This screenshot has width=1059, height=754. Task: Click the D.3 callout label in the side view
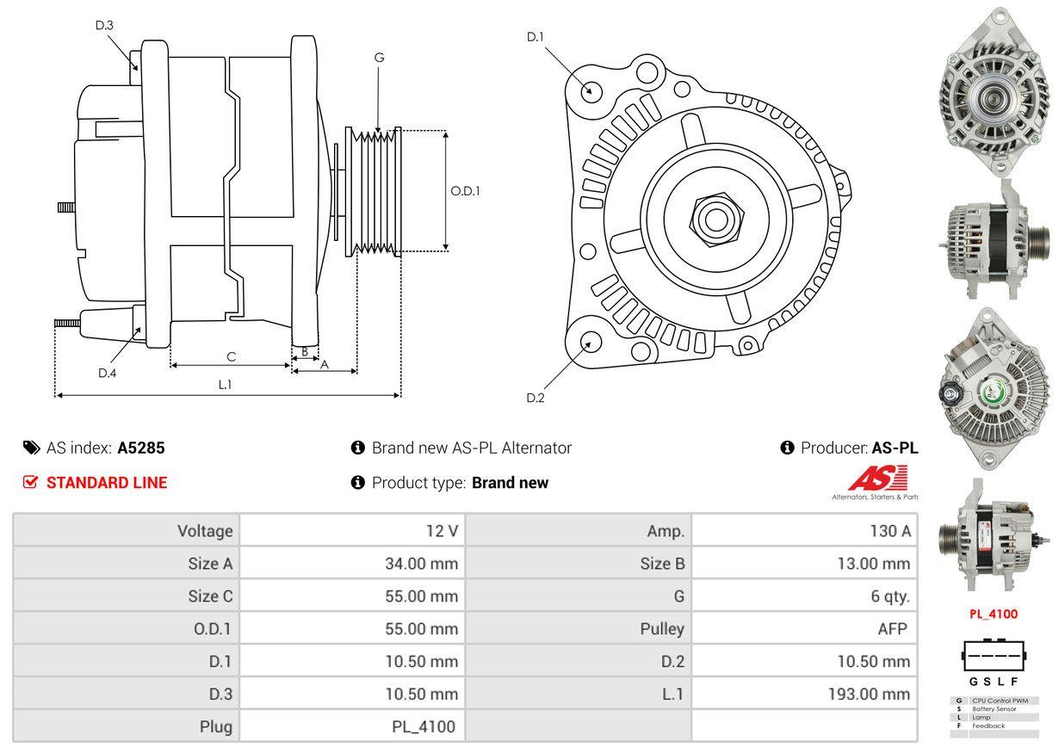point(104,25)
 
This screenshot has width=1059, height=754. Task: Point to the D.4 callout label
point(107,373)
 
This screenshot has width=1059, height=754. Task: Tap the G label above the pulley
point(379,58)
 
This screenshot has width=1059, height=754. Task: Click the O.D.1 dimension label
point(465,191)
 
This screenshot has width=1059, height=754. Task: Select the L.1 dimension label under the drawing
point(225,385)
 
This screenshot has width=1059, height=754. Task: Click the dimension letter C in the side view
point(231,356)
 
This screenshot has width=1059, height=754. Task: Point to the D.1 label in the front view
point(536,36)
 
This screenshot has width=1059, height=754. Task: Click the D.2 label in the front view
point(536,398)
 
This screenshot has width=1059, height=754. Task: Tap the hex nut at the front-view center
point(712,218)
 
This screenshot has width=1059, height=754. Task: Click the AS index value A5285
point(141,448)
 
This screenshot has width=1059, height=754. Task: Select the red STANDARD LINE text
point(107,483)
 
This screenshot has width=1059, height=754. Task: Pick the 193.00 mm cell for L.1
point(870,694)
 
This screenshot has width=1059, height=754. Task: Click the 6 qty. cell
point(889,596)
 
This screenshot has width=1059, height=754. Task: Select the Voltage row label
point(205,531)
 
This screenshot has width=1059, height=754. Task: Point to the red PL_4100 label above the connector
point(994,614)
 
